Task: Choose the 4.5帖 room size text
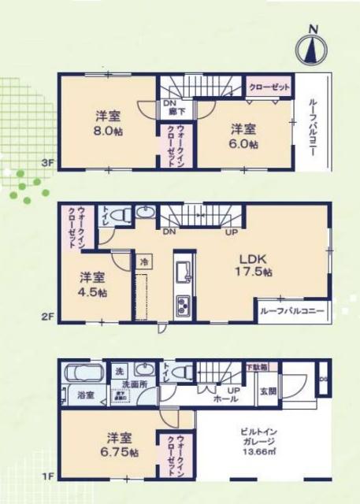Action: click(92, 283)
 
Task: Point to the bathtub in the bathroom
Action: click(82, 374)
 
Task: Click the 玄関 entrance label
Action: click(268, 391)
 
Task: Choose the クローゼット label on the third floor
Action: click(269, 87)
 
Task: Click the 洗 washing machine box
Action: click(119, 371)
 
